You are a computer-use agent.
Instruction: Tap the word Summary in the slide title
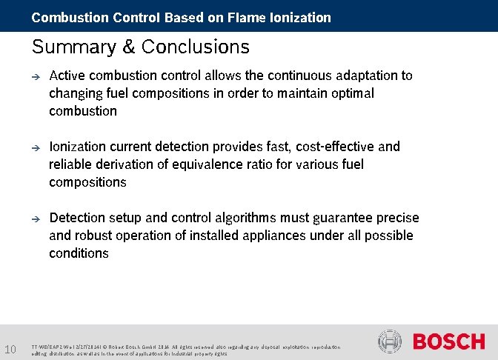pos(72,47)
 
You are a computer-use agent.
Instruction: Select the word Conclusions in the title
pos(196,47)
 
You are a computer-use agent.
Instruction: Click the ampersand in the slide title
pos(127,47)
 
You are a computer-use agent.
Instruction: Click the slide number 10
pos(11,349)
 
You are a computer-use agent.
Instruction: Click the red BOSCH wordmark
pos(448,341)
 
